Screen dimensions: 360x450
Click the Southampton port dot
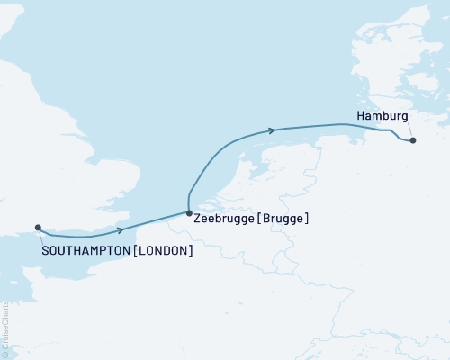[x=38, y=228]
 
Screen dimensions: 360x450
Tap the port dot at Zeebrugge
[x=189, y=213]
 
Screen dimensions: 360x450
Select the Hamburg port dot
[x=412, y=140]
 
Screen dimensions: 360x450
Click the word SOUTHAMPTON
[x=85, y=250]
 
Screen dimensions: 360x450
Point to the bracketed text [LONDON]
[x=163, y=250]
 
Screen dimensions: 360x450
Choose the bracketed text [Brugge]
[x=282, y=218]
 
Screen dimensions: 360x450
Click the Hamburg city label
[x=382, y=117]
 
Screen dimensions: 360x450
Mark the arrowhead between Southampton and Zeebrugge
[x=120, y=230]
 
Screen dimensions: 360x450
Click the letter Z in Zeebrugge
[x=198, y=218]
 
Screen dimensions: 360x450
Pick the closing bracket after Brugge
[x=308, y=218]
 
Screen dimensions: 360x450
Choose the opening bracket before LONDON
[x=135, y=250]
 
